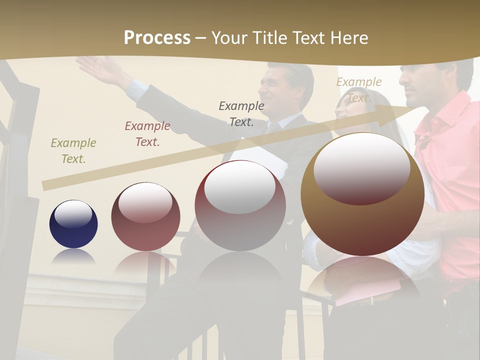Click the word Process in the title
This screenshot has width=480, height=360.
click(x=157, y=38)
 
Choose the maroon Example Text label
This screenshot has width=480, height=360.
click(x=147, y=134)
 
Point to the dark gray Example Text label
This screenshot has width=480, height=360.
click(x=241, y=113)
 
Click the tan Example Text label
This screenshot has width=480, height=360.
click(x=359, y=90)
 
